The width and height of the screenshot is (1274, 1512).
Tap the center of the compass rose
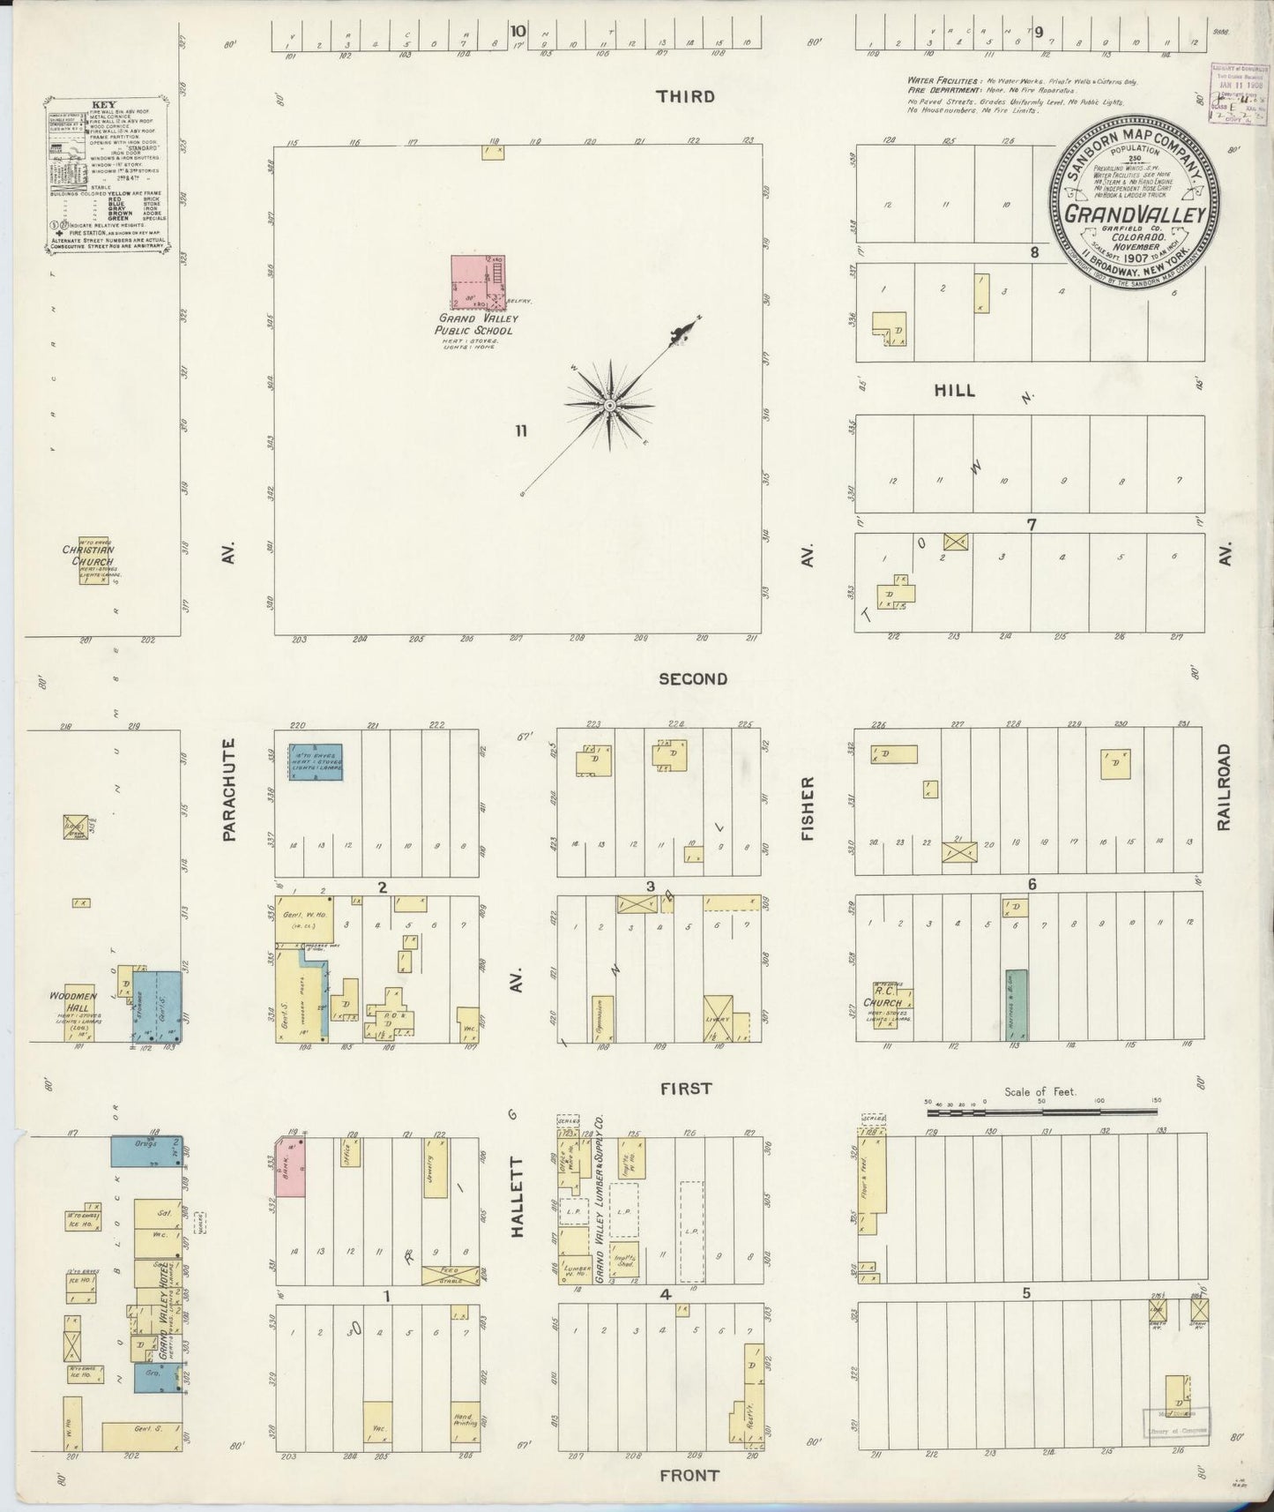(x=608, y=405)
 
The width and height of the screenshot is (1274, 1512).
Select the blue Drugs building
(x=145, y=1150)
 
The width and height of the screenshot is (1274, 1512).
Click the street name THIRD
(x=685, y=96)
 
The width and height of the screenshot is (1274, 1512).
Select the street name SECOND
(x=693, y=678)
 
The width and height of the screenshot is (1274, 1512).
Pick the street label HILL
(x=954, y=390)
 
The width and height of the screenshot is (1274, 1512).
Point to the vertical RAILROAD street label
(x=1223, y=786)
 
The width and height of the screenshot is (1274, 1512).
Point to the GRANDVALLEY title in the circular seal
(x=1133, y=213)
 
